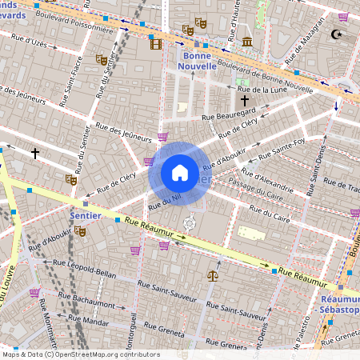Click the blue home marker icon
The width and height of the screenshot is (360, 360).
(180, 172)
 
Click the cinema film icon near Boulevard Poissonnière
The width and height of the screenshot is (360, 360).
(155, 44)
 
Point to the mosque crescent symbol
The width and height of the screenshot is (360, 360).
(336, 34)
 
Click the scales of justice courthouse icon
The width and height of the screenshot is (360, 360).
(212, 274)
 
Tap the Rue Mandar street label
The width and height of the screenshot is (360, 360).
(90, 322)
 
